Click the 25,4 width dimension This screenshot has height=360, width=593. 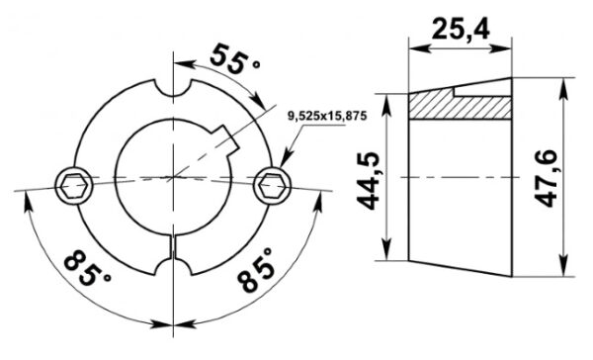461,30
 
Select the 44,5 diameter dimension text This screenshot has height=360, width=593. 369,181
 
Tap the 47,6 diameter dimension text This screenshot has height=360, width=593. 548,178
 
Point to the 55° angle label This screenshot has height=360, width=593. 233,59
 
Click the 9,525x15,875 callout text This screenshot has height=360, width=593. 327,117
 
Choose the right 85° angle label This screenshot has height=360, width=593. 256,270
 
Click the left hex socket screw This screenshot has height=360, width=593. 74,185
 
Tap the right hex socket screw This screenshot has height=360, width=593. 273,185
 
